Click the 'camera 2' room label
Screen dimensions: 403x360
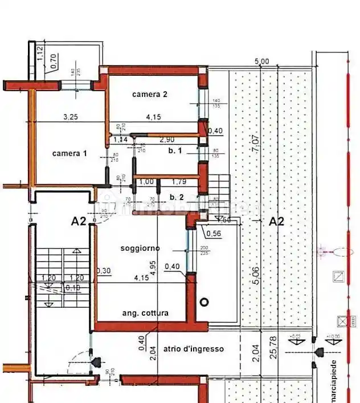pyautogui.click(x=149, y=94)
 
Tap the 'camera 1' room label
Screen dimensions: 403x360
pyautogui.click(x=69, y=153)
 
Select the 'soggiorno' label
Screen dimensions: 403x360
pyautogui.click(x=140, y=249)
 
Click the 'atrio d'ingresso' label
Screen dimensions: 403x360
pyautogui.click(x=193, y=349)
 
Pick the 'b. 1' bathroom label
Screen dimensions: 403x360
pyautogui.click(x=174, y=150)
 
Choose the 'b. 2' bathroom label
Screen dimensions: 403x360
pyautogui.click(x=176, y=197)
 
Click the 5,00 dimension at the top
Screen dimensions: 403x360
pyautogui.click(x=261, y=61)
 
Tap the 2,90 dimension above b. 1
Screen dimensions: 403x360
pyautogui.click(x=167, y=140)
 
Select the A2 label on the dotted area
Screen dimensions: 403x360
pyautogui.click(x=276, y=221)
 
